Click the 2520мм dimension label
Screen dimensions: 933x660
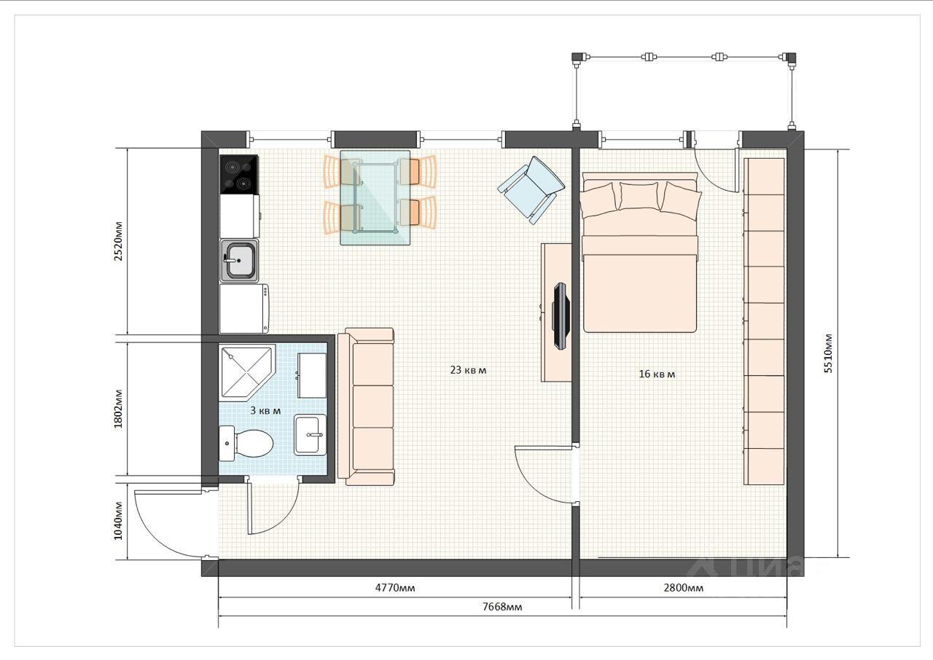tap(119, 241)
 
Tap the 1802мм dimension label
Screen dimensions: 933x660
tap(119, 409)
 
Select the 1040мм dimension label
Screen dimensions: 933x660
tap(119, 521)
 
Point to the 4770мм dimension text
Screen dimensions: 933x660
tap(395, 588)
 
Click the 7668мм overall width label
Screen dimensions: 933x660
tap(502, 607)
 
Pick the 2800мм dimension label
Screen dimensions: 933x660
tap(684, 588)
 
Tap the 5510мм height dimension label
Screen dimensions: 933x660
tap(829, 353)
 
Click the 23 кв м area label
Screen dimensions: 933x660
tap(468, 370)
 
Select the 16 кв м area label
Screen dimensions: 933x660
tap(657, 374)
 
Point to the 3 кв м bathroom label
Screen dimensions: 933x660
tap(265, 411)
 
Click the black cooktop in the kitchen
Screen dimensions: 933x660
tap(238, 174)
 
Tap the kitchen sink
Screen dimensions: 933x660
tap(239, 261)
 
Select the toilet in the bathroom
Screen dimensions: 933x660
tap(246, 443)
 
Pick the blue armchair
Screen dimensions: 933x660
tap(532, 189)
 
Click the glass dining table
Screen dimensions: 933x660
tap(375, 197)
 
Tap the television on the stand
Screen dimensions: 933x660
tap(561, 316)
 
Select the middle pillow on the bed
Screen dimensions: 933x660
tap(640, 195)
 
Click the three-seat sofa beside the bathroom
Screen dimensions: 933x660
tap(366, 406)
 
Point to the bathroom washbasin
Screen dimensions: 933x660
tap(311, 435)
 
